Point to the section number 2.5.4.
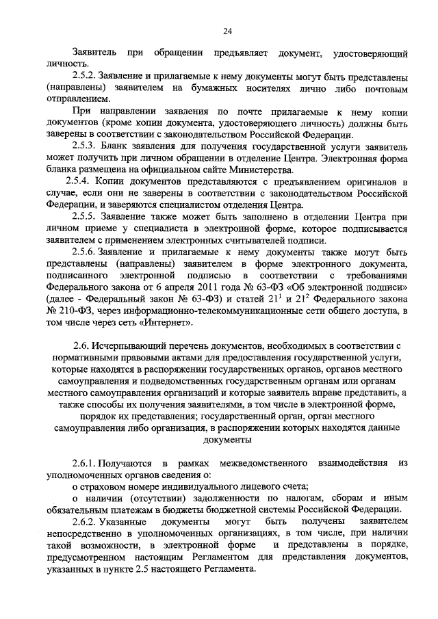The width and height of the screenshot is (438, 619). pyautogui.click(x=79, y=181)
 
